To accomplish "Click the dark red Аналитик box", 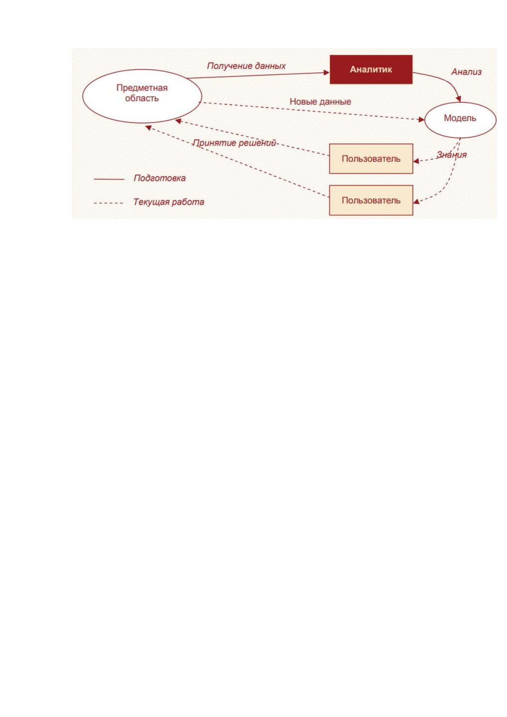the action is pyautogui.click(x=371, y=69).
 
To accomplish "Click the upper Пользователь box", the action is pyautogui.click(x=371, y=159).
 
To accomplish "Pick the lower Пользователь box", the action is pyautogui.click(x=371, y=201).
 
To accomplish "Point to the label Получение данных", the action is pyautogui.click(x=246, y=66).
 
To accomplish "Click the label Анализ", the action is pyautogui.click(x=467, y=72).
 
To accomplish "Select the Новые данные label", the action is pyautogui.click(x=320, y=102).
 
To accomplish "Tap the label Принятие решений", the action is pyautogui.click(x=234, y=143).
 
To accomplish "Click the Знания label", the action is pyautogui.click(x=452, y=155).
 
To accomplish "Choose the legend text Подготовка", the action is pyautogui.click(x=159, y=178).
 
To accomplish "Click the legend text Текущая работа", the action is pyautogui.click(x=169, y=202).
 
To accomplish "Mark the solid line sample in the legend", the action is pyautogui.click(x=109, y=179).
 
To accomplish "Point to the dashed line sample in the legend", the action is pyautogui.click(x=108, y=203).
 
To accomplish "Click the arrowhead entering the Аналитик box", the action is pyautogui.click(x=327, y=73).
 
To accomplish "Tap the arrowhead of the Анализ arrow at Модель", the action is pyautogui.click(x=458, y=99).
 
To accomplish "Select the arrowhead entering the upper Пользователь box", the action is pyautogui.click(x=416, y=161).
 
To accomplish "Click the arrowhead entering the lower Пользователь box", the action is pyautogui.click(x=416, y=202).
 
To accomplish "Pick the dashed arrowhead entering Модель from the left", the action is pyautogui.click(x=421, y=120).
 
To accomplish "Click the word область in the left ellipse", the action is pyautogui.click(x=142, y=98).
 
